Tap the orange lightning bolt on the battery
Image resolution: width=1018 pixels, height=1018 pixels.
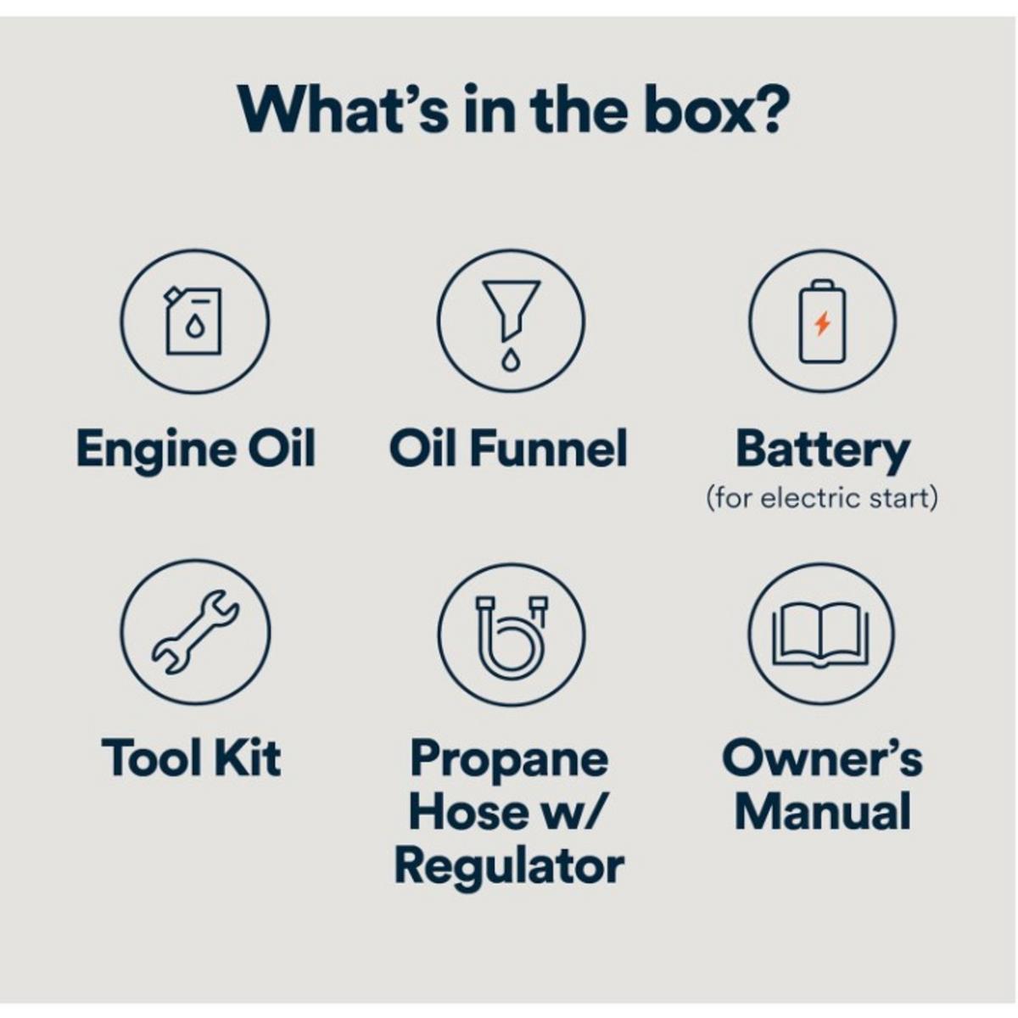click(822, 323)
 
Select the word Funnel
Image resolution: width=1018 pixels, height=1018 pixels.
click(548, 447)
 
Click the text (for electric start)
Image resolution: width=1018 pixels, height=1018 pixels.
click(822, 498)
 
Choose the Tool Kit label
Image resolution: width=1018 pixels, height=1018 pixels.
click(191, 758)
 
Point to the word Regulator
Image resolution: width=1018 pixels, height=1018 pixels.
click(509, 870)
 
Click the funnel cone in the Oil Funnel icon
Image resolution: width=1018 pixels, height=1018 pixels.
click(512, 309)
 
